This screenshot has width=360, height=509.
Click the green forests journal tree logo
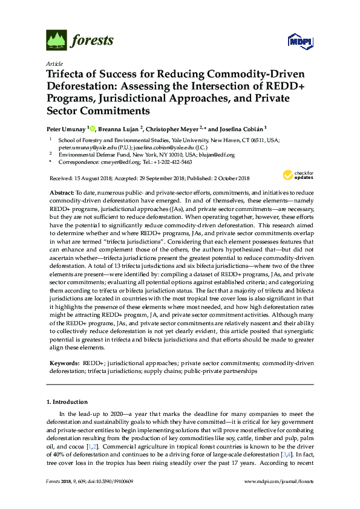coord(56,41)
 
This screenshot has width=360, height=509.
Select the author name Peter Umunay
coord(66,128)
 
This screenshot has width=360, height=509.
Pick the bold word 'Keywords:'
coord(64,363)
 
